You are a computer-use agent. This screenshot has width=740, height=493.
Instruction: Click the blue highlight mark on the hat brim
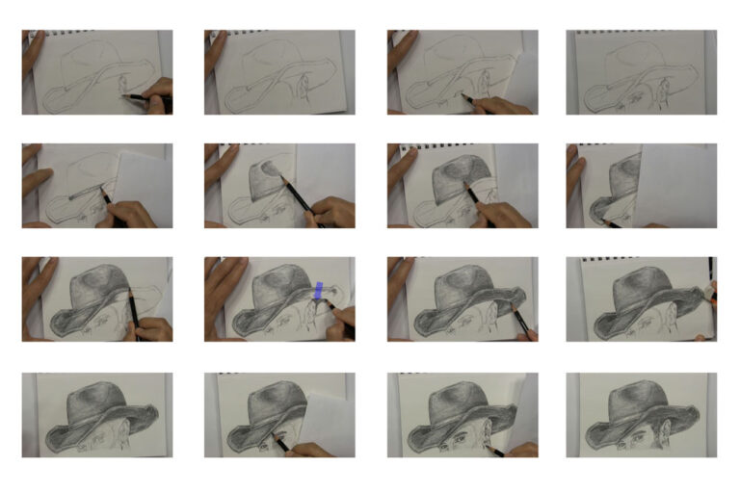(319, 290)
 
